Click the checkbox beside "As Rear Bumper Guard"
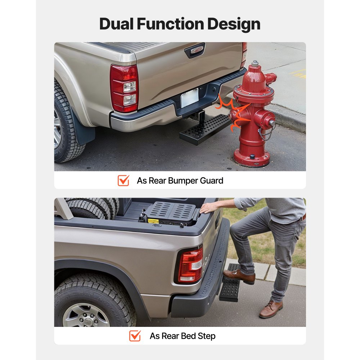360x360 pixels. pyautogui.click(x=123, y=180)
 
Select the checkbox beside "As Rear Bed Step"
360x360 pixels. pyautogui.click(x=135, y=336)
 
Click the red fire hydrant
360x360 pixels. pyautogui.click(x=254, y=115)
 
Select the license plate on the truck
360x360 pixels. pyautogui.click(x=190, y=98)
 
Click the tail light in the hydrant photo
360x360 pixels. pyautogui.click(x=124, y=88)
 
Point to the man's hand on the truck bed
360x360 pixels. pyautogui.click(x=210, y=208)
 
